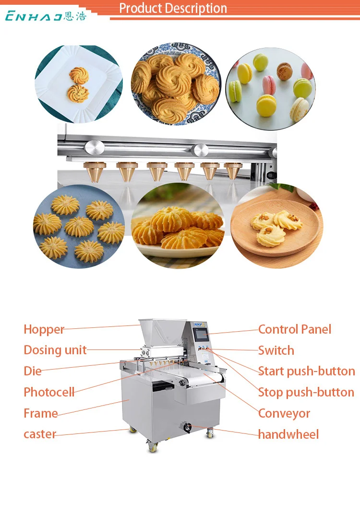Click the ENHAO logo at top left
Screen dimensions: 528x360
46,16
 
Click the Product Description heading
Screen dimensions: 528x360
173,8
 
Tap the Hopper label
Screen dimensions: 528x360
44,329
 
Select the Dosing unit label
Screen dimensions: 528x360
55,350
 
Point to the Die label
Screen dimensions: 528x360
33,371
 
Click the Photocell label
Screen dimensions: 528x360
49,392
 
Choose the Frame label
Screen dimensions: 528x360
41,413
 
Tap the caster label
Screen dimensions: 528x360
40,434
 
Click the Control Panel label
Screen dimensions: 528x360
295,329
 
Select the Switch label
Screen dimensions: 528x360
276,350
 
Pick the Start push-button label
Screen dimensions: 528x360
306,371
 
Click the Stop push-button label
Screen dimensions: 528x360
306,392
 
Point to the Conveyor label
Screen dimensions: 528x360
284,413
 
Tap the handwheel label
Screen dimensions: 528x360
288,434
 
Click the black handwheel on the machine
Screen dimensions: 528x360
186,426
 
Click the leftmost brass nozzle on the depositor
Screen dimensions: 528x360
95,171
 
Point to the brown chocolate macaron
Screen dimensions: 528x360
285,72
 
